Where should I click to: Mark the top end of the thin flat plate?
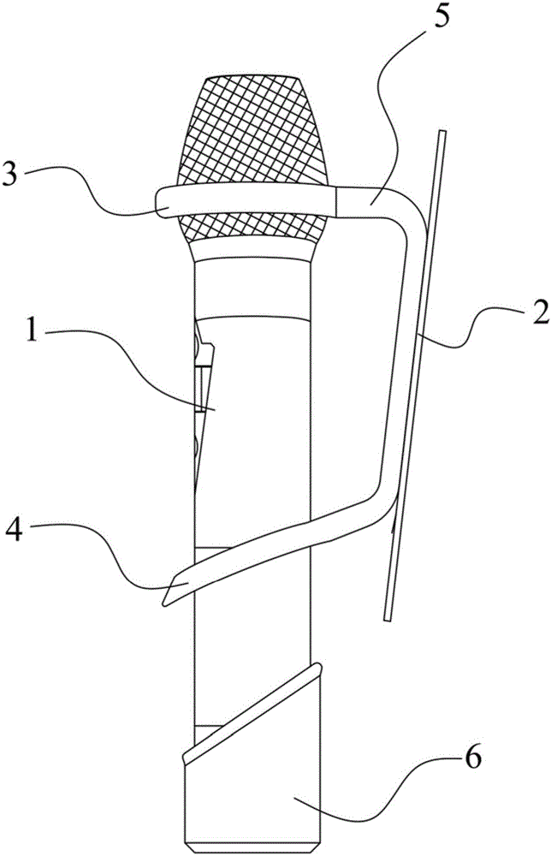point(441,134)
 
